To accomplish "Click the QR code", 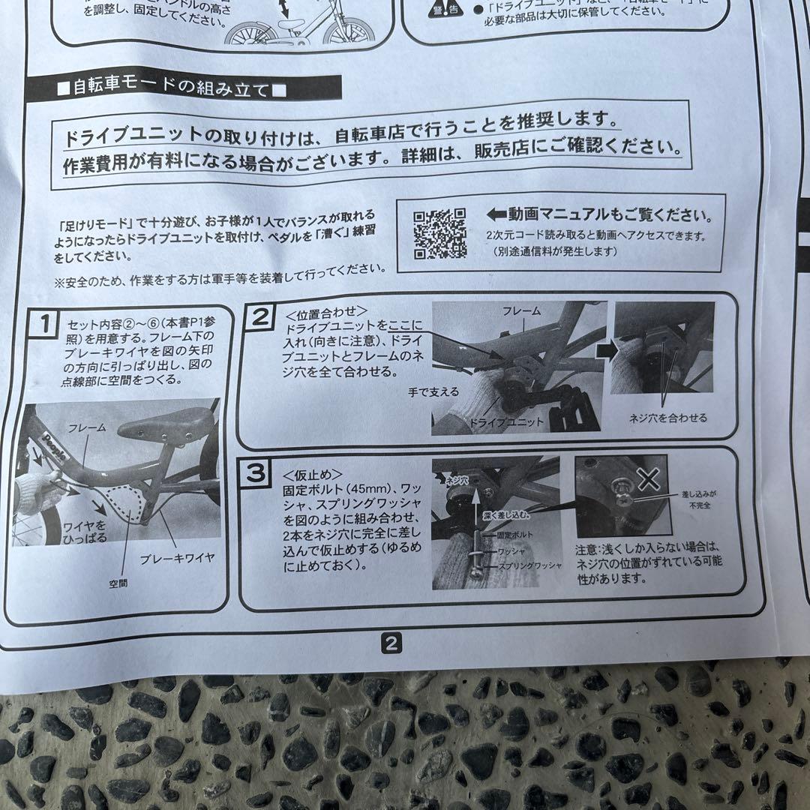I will click(x=439, y=233).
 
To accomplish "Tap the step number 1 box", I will click(x=44, y=325).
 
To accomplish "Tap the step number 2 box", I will click(x=259, y=316).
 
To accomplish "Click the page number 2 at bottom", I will click(x=392, y=643).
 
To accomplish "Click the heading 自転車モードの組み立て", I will click(x=172, y=88).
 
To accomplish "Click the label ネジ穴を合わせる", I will click(x=667, y=418).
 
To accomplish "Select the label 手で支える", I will click(x=433, y=391).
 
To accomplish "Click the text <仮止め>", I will click(x=313, y=475).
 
